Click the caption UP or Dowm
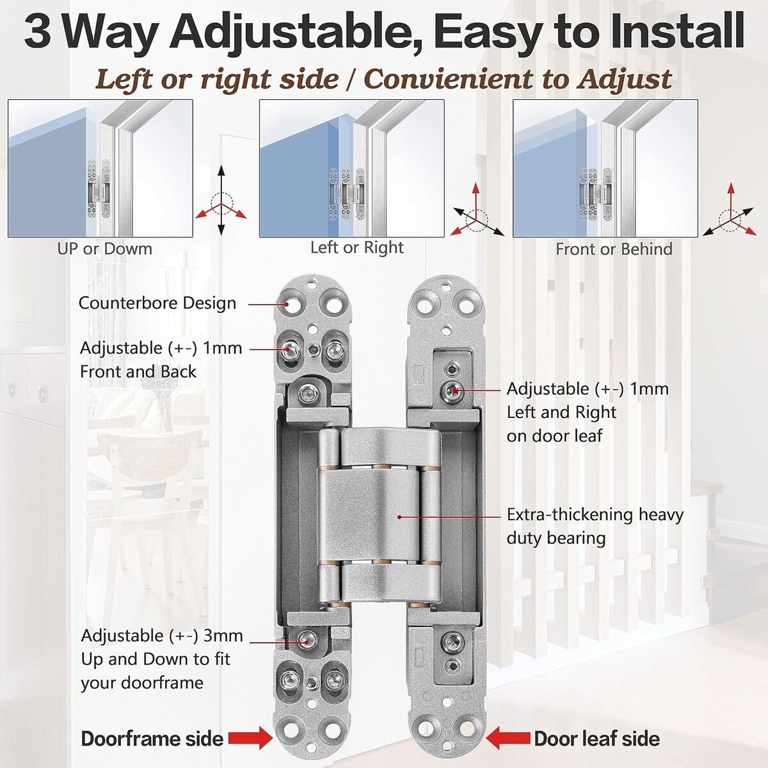click(x=105, y=249)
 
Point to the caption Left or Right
click(x=356, y=248)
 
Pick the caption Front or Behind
click(x=614, y=250)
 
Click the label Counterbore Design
click(x=157, y=303)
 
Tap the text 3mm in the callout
click(x=223, y=636)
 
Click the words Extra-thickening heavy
click(x=595, y=515)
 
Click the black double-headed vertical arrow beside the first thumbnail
click(x=221, y=200)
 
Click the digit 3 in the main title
click(x=38, y=32)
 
